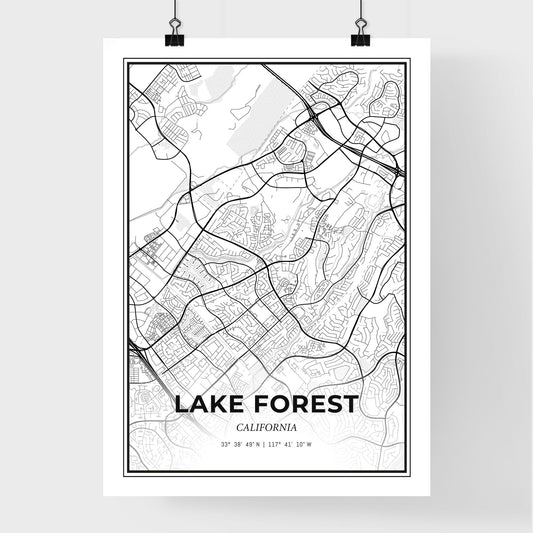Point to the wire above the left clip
tap(175, 12)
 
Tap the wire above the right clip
tap(359, 12)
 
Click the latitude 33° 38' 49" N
tap(239, 444)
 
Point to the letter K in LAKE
tap(221, 405)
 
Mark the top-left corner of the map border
tap(125, 60)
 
